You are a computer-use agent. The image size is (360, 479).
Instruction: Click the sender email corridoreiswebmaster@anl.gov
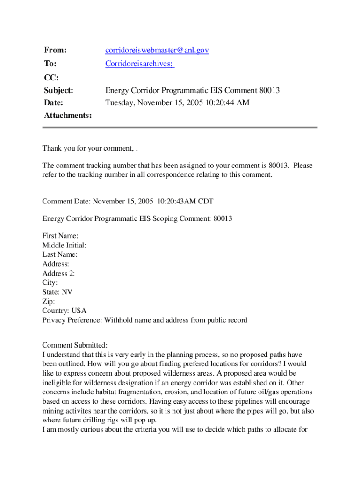coord(157,50)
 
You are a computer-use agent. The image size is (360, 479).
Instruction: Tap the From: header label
coord(55,50)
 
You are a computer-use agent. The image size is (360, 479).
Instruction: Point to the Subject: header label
coord(59,90)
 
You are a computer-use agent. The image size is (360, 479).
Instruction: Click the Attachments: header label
coord(68,115)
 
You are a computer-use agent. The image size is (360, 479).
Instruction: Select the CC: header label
coord(51,77)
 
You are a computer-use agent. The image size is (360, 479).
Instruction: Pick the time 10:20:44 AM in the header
coord(226,102)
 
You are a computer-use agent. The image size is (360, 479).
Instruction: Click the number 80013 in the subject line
coord(269,90)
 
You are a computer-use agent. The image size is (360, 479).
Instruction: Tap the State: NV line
coord(57,292)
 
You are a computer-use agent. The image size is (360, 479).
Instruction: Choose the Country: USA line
coord(64,311)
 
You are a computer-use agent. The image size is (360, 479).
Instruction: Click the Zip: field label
coord(49,302)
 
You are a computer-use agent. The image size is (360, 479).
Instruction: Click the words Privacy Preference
coord(72,320)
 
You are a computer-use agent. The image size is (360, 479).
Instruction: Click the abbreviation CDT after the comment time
coord(205,202)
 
